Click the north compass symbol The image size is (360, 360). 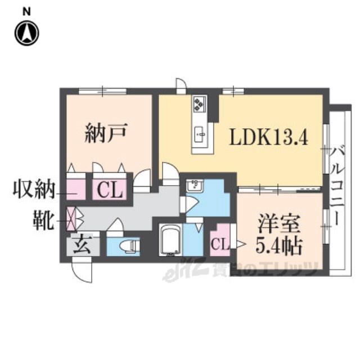pos(27,33)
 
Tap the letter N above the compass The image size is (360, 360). pos(26,11)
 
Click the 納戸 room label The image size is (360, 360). pos(106,133)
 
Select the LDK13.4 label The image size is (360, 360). pos(269,137)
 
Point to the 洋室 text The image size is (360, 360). pos(278,223)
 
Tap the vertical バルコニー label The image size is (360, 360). pos(337,187)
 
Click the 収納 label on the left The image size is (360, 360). pos(34,190)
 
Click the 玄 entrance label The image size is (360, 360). pos(82,245)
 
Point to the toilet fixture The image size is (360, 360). pos(129,246)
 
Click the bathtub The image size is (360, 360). pos(170,240)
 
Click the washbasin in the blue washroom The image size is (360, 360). pos(195,186)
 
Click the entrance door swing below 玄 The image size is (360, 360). pos(82,270)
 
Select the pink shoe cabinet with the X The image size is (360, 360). pos(71,219)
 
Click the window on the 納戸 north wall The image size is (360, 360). pos(102,91)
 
